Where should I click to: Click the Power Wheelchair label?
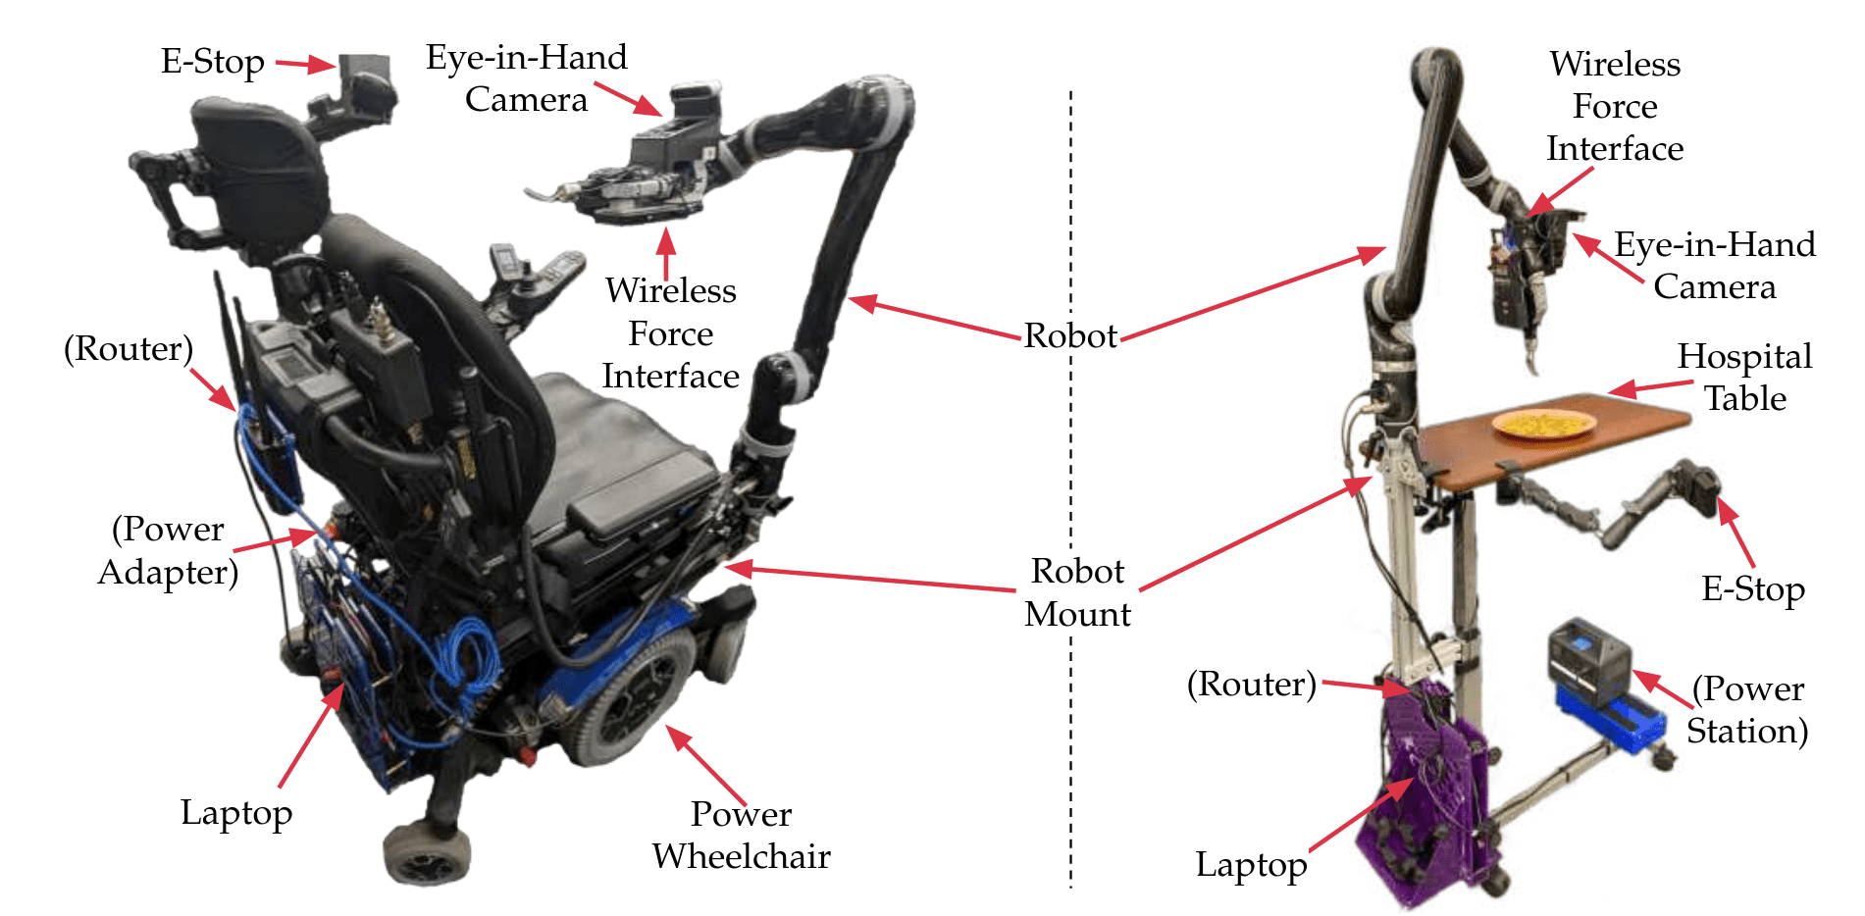741,835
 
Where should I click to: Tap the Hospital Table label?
1744,377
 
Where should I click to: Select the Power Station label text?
1747,710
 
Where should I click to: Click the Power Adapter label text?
168,550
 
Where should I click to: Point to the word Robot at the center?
1070,336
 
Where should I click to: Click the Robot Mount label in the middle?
1077,592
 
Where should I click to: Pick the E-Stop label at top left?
212,62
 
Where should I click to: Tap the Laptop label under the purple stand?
1251,865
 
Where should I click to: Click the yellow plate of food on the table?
1543,424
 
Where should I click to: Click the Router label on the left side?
129,349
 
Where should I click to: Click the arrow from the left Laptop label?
311,736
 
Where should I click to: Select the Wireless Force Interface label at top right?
1615,106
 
